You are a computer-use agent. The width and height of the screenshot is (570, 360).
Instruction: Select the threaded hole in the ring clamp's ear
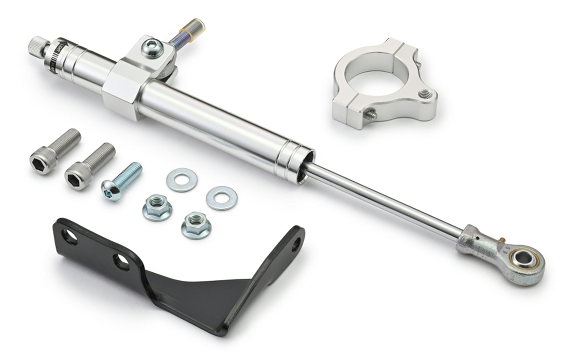(424, 94)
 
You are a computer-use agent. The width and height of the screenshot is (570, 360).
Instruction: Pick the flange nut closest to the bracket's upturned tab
(196, 224)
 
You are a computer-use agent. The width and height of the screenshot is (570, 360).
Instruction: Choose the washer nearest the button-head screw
(182, 179)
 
